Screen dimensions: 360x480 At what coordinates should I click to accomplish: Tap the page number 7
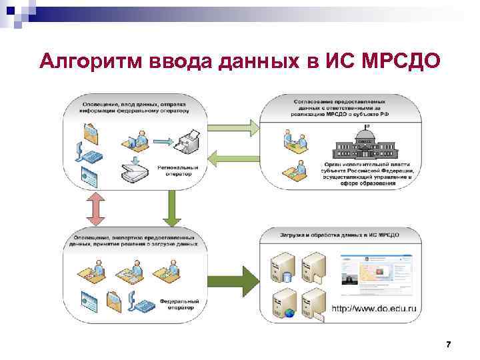pos(449,345)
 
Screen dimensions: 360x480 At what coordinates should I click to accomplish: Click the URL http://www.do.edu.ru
pos(374,309)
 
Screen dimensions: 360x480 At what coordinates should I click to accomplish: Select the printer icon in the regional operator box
pos(191,140)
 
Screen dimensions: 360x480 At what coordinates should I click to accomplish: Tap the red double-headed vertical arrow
pos(95,209)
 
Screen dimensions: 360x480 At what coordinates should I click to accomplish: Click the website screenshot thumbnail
pos(376,277)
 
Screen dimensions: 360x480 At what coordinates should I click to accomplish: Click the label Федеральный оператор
pos(177,305)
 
